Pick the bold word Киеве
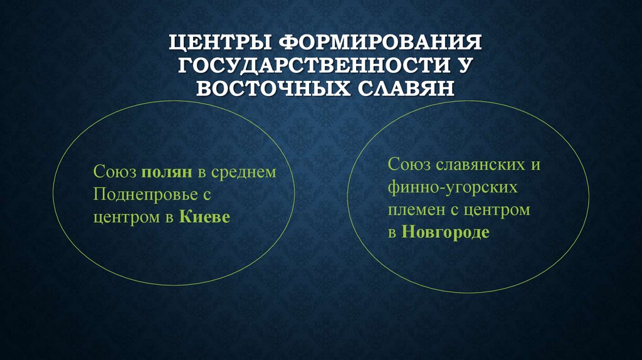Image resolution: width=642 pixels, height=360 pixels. point(205,218)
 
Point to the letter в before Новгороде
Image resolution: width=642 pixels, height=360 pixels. point(392,233)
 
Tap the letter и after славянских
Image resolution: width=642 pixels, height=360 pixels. point(536,165)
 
